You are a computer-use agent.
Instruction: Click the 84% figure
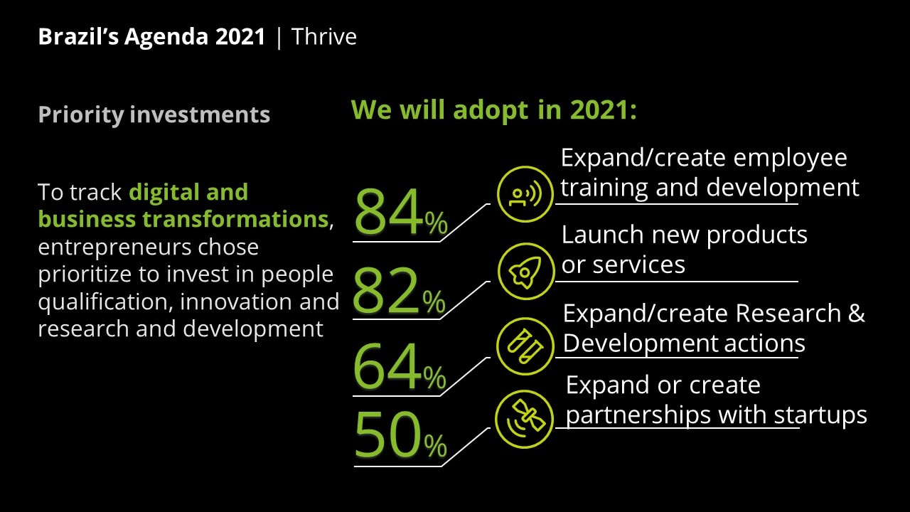[401, 211]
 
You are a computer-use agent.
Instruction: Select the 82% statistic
[399, 291]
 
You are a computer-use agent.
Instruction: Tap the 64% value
[400, 366]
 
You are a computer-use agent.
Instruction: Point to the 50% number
[400, 434]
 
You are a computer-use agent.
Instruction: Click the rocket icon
[525, 272]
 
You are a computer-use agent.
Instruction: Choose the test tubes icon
[525, 346]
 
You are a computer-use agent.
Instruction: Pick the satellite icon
[525, 419]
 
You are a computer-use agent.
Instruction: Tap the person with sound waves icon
[525, 194]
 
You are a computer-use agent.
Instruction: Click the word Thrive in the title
[323, 36]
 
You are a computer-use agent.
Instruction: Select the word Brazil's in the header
[78, 36]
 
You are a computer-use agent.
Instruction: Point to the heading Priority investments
[154, 114]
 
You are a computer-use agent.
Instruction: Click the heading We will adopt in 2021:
[493, 110]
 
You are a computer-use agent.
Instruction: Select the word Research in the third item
[788, 314]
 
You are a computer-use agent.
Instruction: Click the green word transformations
[235, 220]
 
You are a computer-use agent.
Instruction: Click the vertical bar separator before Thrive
[279, 38]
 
